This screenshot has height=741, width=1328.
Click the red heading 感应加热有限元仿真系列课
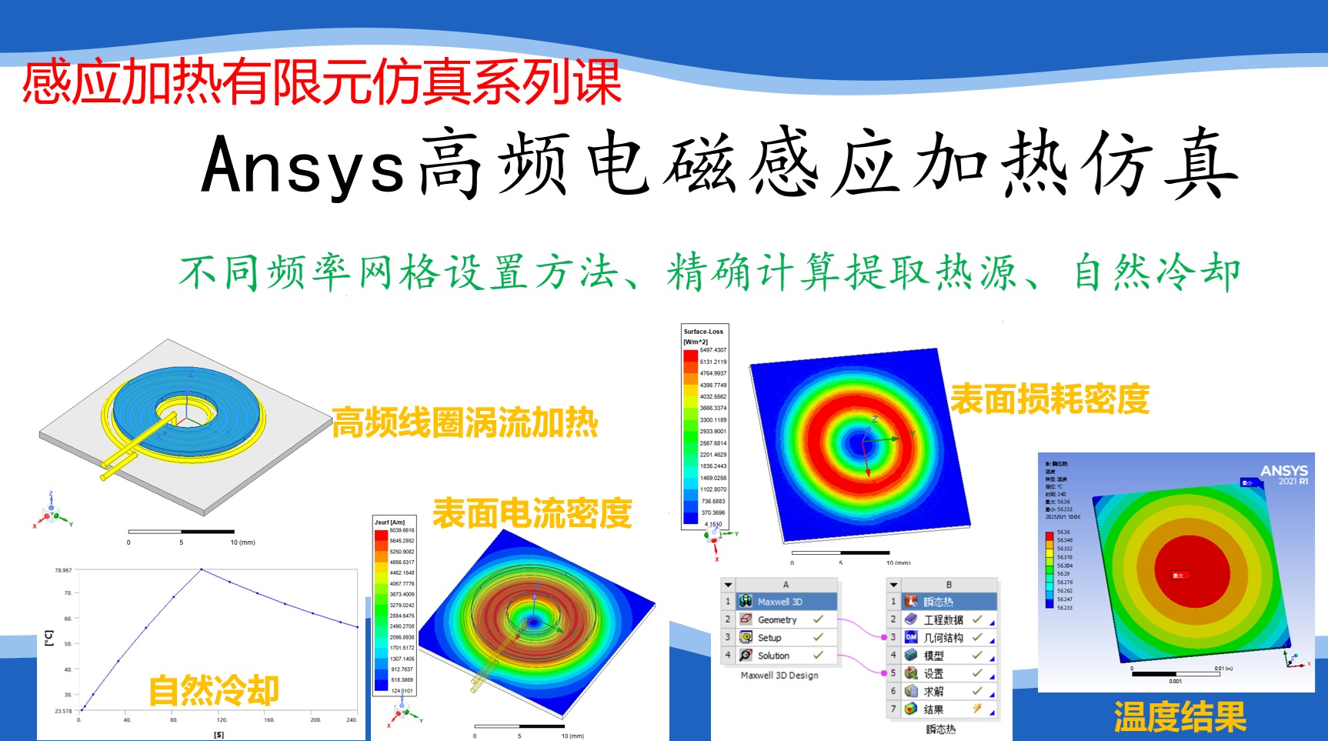pos(322,82)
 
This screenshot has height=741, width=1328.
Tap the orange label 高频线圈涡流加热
pos(465,422)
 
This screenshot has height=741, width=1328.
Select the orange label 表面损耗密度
pos(1049,399)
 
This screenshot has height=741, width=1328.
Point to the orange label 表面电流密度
pos(532,513)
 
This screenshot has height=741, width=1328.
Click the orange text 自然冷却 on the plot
pos(213,689)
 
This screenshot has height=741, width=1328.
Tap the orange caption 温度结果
pos(1180,716)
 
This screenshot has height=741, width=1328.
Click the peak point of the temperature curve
pos(202,569)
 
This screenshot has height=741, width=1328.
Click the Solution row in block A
pos(773,656)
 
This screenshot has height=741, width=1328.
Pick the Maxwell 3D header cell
pos(780,602)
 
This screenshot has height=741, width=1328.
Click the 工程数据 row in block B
pos(943,619)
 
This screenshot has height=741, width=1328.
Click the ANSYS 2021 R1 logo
pos(1283,474)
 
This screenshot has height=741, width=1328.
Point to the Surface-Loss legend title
pos(703,332)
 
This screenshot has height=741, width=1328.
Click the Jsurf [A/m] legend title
pos(389,522)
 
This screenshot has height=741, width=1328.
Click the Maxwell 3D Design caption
pos(779,676)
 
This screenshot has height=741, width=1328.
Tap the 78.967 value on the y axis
pos(63,570)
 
